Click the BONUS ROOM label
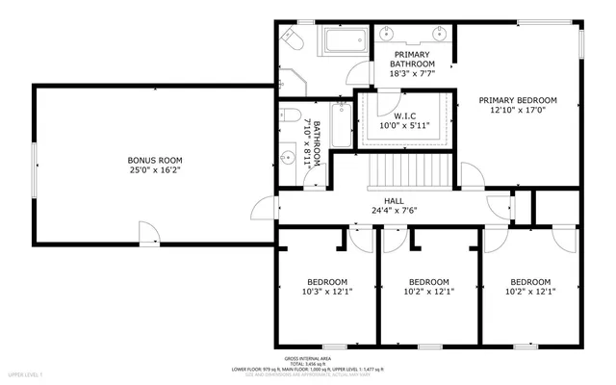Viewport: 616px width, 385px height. coord(155,161)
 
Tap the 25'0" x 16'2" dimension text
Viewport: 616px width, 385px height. coord(155,171)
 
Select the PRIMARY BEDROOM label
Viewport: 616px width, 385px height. coord(518,100)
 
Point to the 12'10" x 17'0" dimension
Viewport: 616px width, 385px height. coord(518,111)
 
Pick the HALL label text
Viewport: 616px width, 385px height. coord(394,199)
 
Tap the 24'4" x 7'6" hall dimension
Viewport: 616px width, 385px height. coord(394,210)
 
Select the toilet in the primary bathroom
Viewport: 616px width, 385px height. coord(291,40)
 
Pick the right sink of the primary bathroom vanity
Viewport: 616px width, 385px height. coord(438,32)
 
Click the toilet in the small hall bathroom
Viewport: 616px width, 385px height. coord(292,117)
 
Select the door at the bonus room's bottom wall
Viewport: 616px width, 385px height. coord(149,231)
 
